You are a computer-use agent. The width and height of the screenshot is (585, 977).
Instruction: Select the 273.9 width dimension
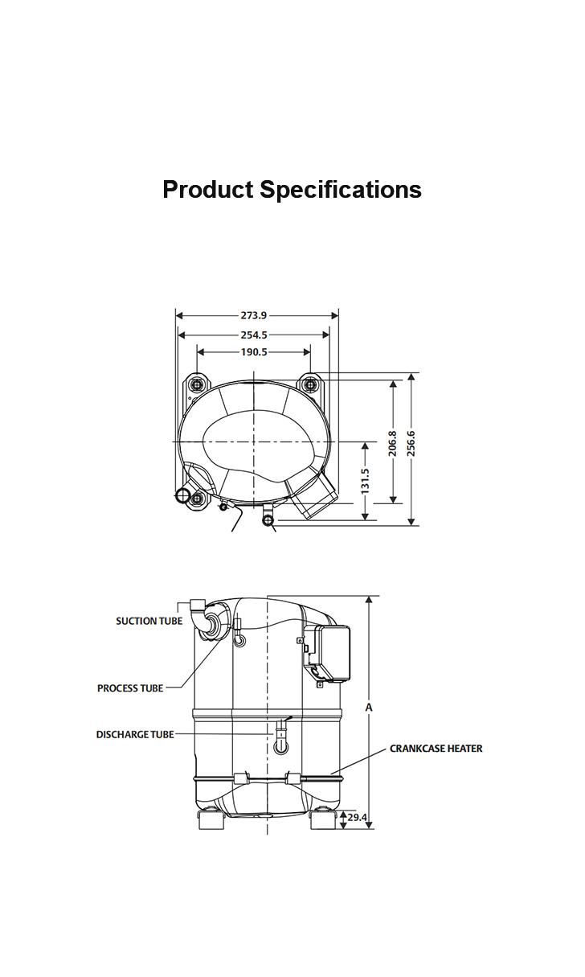[254, 316]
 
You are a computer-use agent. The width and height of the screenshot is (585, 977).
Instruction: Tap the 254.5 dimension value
[254, 335]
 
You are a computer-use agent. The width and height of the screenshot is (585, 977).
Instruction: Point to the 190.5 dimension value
[254, 352]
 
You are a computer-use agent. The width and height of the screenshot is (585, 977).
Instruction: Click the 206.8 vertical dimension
[393, 443]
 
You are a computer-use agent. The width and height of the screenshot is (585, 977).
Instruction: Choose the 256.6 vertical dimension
[411, 443]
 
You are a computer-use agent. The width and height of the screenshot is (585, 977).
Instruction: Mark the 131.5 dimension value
[366, 481]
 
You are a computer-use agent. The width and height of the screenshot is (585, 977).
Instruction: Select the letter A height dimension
[369, 708]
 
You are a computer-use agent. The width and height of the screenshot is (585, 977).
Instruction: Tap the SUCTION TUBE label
[149, 621]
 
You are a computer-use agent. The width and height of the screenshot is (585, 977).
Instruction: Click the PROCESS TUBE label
[130, 688]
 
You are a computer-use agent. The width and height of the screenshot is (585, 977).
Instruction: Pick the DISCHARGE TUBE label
[135, 735]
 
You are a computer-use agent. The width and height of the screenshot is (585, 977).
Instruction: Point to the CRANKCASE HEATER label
[436, 749]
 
